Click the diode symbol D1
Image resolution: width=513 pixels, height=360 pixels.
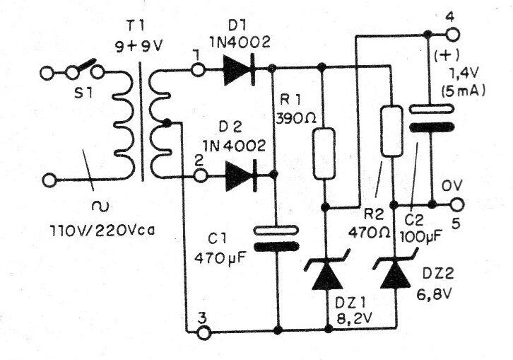tap(240, 70)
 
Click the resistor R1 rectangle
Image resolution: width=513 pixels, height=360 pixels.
tap(324, 153)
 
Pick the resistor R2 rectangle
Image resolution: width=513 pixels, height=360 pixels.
tap(391, 131)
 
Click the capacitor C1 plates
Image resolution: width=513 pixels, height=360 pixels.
tap(276, 239)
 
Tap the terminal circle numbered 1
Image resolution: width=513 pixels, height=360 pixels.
tap(198, 70)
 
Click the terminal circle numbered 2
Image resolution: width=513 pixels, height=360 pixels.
tap(200, 176)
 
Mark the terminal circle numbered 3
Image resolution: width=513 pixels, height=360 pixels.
tap(204, 332)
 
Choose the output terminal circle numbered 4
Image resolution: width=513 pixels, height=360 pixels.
tap(452, 35)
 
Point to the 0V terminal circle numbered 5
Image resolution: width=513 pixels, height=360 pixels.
tap(457, 204)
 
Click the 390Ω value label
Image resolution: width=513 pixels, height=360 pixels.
tap(296, 118)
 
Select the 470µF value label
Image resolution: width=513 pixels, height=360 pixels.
tap(220, 259)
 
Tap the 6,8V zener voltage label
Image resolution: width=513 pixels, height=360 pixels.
tap(434, 295)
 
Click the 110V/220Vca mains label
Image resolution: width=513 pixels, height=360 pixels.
tap(102, 231)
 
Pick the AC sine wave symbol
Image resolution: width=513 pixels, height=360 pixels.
tap(100, 206)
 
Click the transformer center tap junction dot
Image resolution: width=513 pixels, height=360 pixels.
tap(167, 123)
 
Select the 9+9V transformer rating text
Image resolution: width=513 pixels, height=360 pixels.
tap(138, 47)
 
